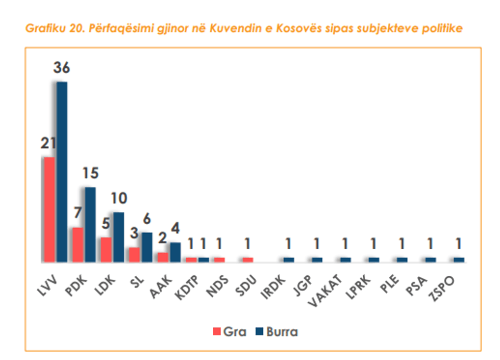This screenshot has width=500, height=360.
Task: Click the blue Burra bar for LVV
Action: click(62, 172)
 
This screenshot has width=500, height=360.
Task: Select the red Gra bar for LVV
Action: click(49, 210)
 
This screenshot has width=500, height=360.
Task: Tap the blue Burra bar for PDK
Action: click(90, 225)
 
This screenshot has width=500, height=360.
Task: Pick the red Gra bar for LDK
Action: click(106, 250)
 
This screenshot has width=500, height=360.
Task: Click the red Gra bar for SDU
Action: click(248, 260)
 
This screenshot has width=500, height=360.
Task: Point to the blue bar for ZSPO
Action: click(459, 260)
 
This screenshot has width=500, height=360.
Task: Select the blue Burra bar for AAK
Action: click(176, 252)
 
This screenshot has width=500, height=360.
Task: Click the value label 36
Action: click(62, 67)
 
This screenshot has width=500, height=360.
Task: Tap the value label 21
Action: click(48, 143)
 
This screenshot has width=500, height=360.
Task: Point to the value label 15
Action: click(91, 173)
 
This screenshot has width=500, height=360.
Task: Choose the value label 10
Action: click(119, 199)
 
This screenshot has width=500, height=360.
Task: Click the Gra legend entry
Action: click(230, 332)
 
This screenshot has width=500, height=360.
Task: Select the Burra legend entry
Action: click(277, 332)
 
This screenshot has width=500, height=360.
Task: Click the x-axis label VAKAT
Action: click(325, 291)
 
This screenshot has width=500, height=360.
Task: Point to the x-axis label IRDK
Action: click(273, 287)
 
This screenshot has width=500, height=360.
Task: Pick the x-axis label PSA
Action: click(416, 286)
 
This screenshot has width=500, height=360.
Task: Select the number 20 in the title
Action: click(77, 29)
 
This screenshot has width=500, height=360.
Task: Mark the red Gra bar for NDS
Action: click(219, 260)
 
